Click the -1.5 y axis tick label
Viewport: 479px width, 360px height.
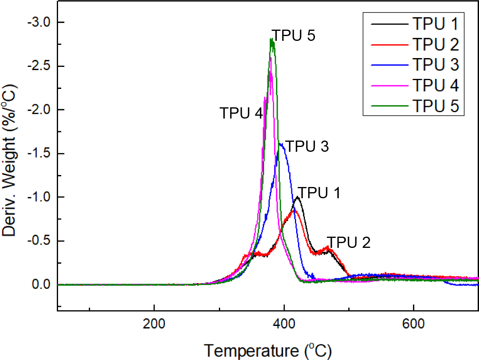[x=38, y=153]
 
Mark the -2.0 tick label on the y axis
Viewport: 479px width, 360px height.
[x=38, y=110]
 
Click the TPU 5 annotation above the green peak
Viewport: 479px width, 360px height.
[x=293, y=36]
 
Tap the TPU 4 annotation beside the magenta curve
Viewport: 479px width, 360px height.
[x=241, y=114]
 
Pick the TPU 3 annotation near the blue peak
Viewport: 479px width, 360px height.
[x=307, y=147]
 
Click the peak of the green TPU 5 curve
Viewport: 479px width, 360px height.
[x=272, y=39]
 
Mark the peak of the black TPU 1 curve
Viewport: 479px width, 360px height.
[x=297, y=197]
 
